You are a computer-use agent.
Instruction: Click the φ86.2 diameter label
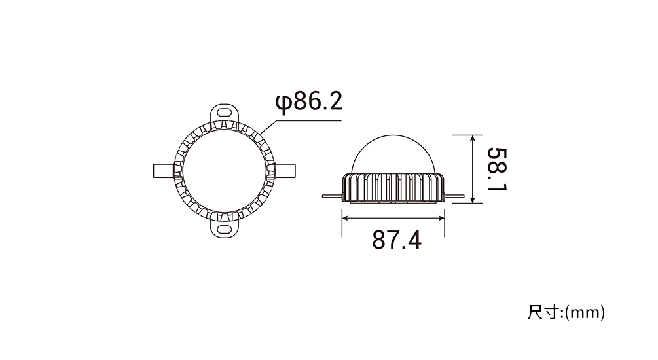click(309, 102)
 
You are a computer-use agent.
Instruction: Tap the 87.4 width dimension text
click(397, 240)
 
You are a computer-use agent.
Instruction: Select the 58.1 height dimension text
click(498, 169)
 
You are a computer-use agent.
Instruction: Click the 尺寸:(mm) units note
click(566, 313)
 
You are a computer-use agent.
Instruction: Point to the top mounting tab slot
click(225, 113)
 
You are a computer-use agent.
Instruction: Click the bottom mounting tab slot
click(225, 229)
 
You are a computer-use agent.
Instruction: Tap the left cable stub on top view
click(164, 171)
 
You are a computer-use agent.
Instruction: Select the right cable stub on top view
click(285, 171)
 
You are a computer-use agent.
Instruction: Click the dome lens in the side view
click(393, 153)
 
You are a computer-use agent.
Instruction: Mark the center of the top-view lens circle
click(225, 171)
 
